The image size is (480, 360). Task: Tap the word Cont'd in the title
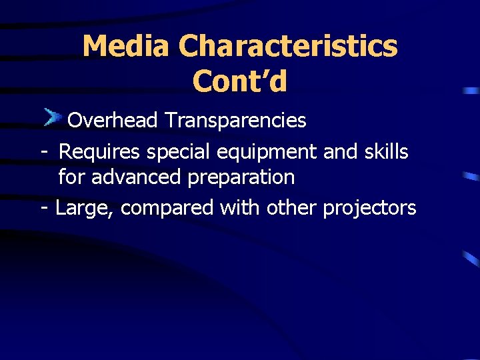click(240, 81)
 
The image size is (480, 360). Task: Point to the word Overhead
click(113, 121)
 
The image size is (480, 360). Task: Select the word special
click(179, 152)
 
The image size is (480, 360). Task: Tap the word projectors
click(369, 208)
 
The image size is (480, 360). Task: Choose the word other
click(292, 208)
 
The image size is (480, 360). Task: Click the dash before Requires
click(43, 153)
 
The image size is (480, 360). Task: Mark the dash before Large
click(44, 209)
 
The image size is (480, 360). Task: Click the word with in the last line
click(241, 208)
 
